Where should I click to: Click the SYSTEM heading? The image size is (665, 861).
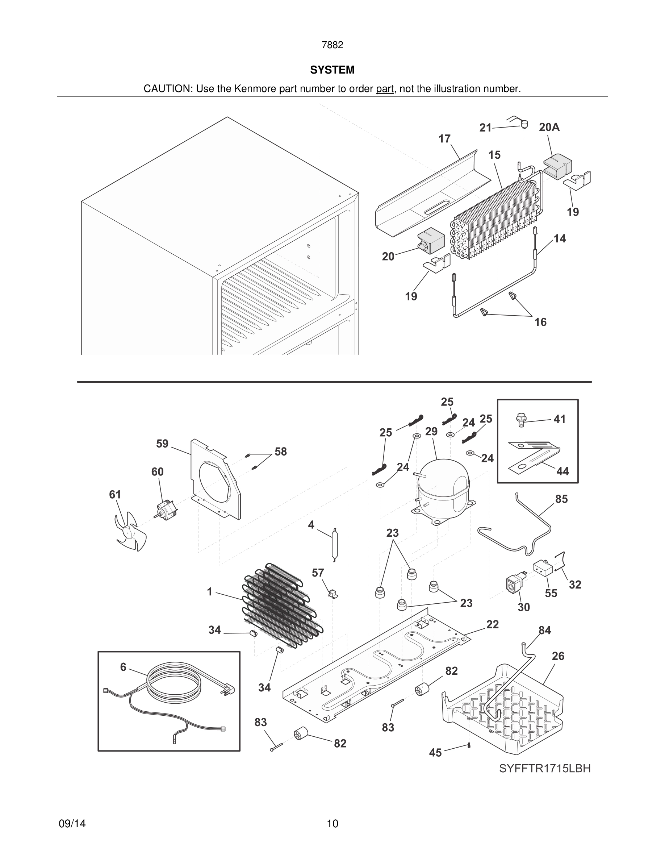pyautogui.click(x=332, y=70)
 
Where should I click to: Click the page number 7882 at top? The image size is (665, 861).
pyautogui.click(x=332, y=45)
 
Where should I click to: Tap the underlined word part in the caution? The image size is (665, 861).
pyautogui.click(x=385, y=89)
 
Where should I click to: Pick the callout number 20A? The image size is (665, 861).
pyautogui.click(x=549, y=127)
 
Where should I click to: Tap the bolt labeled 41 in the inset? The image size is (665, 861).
pyautogui.click(x=521, y=420)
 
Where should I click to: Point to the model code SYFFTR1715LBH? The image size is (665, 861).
pyautogui.click(x=544, y=768)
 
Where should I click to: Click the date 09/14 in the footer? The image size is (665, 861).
pyautogui.click(x=72, y=824)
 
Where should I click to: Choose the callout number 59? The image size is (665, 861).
pyautogui.click(x=162, y=444)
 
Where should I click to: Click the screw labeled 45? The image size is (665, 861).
pyautogui.click(x=469, y=745)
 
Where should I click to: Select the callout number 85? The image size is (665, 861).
pyautogui.click(x=561, y=499)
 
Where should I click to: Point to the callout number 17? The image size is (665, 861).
pyautogui.click(x=444, y=139)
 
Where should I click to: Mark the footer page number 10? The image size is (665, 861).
pyautogui.click(x=332, y=824)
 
